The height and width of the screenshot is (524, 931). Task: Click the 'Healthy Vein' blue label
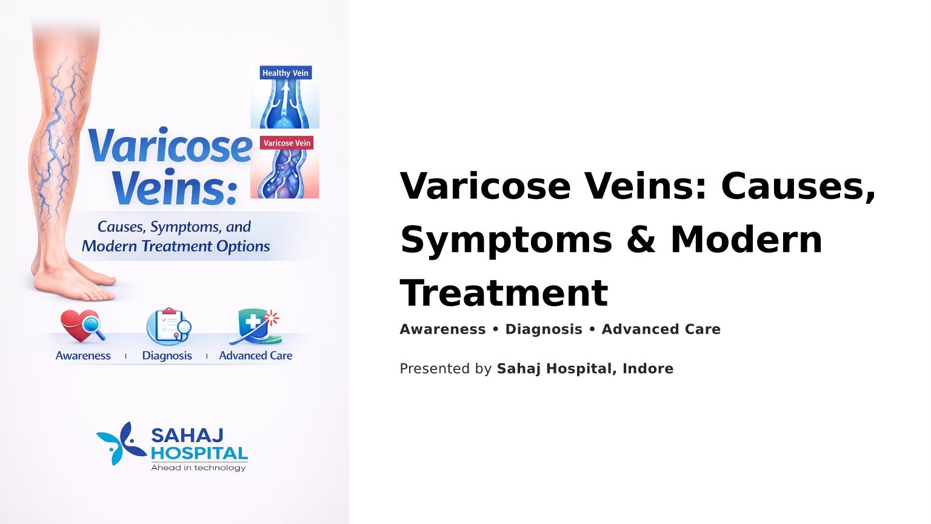point(285,73)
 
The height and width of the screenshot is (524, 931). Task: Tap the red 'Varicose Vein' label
point(287,143)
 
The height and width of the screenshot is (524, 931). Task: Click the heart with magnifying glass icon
point(82,326)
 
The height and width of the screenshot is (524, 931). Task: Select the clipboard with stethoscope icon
point(169,326)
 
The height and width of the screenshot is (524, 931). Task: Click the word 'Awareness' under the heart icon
point(83,355)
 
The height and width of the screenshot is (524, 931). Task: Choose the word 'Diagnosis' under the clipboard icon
point(167,355)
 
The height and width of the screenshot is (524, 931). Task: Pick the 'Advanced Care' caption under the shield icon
point(256,355)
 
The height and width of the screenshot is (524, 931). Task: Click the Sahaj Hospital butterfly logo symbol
point(121,443)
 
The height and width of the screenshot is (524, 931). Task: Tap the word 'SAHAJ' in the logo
point(187,436)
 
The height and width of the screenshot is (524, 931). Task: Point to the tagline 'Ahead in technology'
point(198,468)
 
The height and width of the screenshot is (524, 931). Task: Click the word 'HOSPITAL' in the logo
point(199,453)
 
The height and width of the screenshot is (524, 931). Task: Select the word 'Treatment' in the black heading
point(504,293)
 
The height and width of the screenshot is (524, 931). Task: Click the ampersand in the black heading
point(641,240)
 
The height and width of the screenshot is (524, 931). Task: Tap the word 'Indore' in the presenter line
point(648,369)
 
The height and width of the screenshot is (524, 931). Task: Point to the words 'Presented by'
point(445,369)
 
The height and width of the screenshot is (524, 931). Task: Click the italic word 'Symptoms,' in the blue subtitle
point(186,227)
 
